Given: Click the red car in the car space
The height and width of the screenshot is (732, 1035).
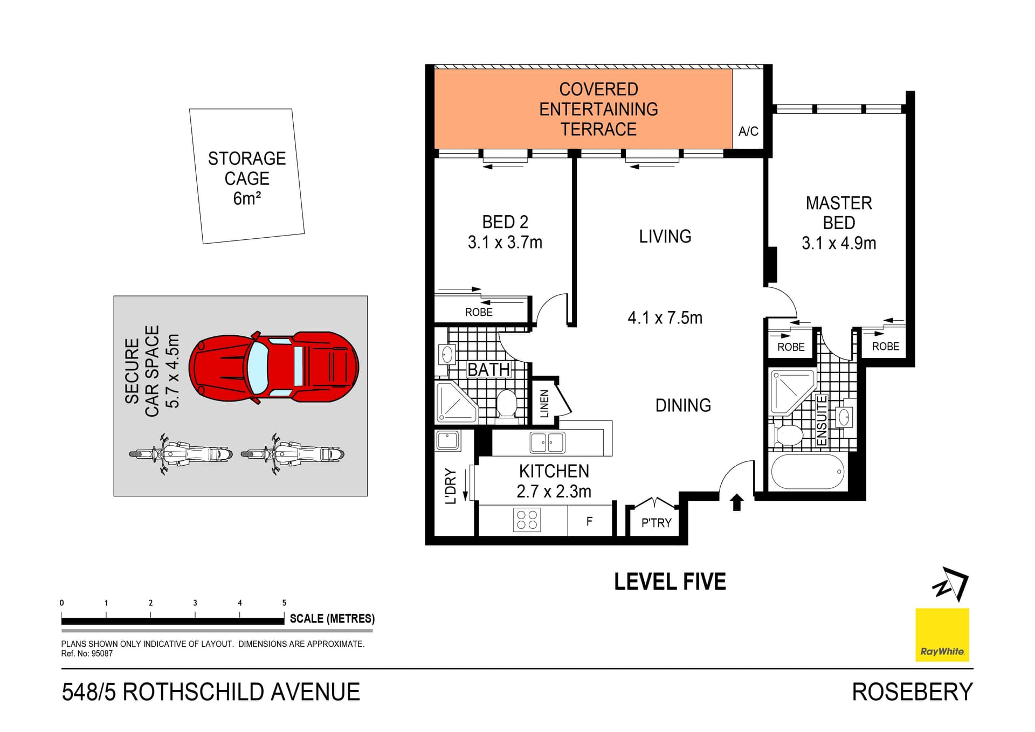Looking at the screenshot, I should (x=274, y=367).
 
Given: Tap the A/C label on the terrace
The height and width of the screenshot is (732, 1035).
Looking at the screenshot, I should (x=748, y=131).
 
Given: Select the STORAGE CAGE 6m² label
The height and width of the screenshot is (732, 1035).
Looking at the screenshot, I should (x=247, y=178).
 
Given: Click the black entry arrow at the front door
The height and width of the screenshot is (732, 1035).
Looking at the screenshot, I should (x=736, y=502).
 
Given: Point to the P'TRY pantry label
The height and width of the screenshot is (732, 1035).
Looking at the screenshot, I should (x=656, y=523).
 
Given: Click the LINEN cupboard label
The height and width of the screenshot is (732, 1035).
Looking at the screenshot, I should (x=544, y=403).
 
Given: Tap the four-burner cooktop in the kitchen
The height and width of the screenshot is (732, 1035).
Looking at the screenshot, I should (x=527, y=520).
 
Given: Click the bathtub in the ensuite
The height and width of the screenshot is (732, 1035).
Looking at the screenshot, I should (x=807, y=472).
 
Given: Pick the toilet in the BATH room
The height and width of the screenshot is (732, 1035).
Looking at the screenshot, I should (x=506, y=403).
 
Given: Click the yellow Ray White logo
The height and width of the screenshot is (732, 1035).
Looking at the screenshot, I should (x=942, y=634).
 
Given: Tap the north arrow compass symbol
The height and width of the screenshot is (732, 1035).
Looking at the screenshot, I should (x=951, y=584).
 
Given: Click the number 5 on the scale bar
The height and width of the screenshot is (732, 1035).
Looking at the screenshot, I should (x=284, y=603).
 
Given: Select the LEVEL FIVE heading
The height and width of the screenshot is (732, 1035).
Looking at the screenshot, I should (x=670, y=582).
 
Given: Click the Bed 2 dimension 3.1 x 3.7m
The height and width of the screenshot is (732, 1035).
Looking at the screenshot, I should (x=505, y=243).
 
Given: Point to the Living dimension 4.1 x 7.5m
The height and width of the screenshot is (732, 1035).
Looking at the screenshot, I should (x=665, y=317).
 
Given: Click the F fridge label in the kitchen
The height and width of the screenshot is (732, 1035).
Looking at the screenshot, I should (x=589, y=521).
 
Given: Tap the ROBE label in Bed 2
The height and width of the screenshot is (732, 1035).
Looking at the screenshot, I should (x=479, y=312).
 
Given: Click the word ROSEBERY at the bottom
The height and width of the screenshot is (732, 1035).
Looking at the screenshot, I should (x=912, y=692).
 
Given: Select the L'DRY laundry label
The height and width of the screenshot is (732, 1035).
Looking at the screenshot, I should (x=451, y=486).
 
